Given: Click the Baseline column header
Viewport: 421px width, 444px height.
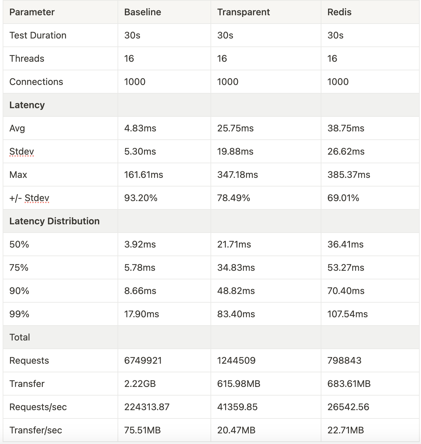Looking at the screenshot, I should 142,12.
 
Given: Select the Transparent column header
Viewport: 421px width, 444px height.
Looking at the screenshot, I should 243,12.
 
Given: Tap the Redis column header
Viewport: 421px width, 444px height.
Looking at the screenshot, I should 339,12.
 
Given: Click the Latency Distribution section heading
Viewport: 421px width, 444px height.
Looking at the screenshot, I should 54,221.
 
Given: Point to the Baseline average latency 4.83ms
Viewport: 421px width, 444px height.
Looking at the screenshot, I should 140,128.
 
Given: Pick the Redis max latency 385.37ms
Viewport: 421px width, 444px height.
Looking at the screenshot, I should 349,175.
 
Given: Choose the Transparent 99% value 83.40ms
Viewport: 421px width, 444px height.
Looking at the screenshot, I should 236,314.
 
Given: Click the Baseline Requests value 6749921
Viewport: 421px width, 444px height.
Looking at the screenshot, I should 143,361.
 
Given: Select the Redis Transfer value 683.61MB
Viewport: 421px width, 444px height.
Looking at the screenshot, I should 349,384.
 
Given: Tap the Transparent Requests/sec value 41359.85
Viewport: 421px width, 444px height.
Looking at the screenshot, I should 237,407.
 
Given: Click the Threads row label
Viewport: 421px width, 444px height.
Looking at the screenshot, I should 27,59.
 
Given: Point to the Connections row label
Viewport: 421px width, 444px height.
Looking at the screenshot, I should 36,82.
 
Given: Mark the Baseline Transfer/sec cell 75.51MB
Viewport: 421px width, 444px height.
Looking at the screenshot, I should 142,430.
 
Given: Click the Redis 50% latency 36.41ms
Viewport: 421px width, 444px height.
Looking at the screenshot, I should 345,245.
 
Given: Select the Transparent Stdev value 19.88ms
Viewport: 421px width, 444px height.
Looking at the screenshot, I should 235,152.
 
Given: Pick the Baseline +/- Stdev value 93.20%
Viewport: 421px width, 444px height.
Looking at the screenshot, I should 141,198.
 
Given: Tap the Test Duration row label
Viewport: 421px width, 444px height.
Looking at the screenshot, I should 38,36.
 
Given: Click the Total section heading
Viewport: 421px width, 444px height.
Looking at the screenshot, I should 20,337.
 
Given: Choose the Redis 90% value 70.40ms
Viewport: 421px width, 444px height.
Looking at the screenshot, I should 346,291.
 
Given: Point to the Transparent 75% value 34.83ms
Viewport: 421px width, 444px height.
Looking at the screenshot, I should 236,268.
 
